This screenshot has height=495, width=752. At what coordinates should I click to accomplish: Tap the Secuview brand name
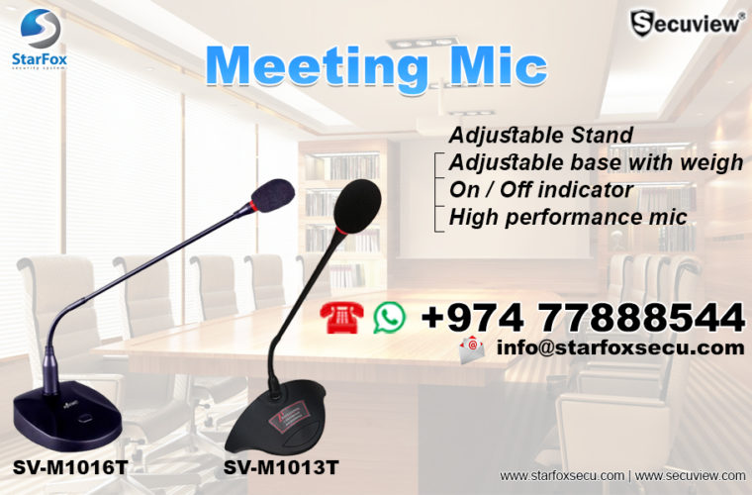point(691,22)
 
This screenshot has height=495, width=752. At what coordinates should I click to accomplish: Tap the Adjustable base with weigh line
point(596,162)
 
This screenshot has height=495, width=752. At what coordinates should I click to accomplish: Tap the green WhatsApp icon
point(389,317)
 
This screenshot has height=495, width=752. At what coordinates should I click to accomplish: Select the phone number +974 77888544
point(582,317)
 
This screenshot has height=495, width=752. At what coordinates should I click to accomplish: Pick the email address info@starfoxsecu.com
point(619,347)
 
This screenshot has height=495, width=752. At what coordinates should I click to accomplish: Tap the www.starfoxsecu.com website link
point(561,476)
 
